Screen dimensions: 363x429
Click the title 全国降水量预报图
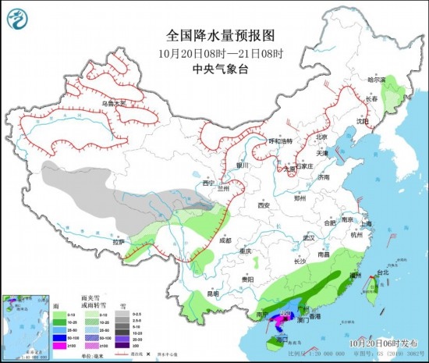(214, 36)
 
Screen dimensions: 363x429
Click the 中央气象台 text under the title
(214, 67)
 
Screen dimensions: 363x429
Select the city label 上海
(366, 224)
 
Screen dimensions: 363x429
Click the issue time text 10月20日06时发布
(381, 342)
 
